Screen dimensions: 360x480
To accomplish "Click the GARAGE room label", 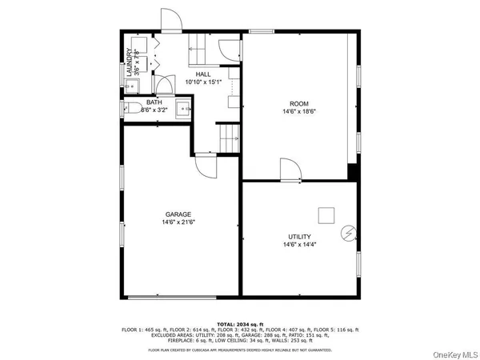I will click(178, 214).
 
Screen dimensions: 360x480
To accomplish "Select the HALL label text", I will click(203, 74).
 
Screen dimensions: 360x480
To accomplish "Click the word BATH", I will click(154, 102).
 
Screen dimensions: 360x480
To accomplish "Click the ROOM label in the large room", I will click(299, 103).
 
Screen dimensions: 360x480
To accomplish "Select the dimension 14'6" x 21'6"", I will click(179, 223).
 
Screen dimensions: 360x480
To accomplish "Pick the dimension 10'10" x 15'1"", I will click(203, 82).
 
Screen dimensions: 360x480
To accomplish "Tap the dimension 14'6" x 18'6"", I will click(299, 111).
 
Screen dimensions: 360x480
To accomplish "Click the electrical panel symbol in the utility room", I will click(348, 233).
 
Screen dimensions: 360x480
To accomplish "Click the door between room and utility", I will click(290, 170).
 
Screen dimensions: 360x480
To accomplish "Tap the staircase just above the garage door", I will click(229, 138).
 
